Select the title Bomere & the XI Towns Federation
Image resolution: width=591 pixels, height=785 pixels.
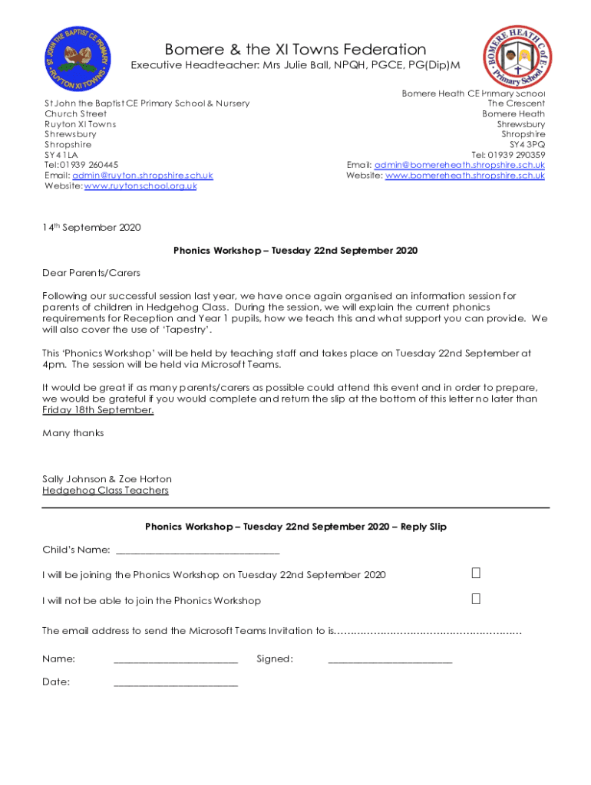[295, 50]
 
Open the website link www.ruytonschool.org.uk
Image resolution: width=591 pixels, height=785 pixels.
[140, 186]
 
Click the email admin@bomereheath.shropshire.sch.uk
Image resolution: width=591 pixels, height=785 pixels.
[459, 165]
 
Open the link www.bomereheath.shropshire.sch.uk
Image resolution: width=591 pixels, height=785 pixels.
[464, 176]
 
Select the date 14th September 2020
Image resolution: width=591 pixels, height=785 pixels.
[91, 228]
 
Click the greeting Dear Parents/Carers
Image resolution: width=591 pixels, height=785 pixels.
[91, 273]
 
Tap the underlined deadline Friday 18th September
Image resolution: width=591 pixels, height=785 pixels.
[97, 410]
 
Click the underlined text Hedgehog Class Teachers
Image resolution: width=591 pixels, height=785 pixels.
[105, 491]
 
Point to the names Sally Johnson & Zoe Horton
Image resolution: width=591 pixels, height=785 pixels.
[107, 479]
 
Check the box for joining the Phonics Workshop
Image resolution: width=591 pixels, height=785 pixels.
[476, 573]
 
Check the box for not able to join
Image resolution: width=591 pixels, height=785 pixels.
[476, 599]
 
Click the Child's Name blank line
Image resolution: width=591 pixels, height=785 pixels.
[196, 550]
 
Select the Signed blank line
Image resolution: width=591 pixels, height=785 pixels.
[390, 659]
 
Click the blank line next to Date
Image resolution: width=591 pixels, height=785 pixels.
[176, 682]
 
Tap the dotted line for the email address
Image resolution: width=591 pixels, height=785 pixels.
[430, 632]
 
